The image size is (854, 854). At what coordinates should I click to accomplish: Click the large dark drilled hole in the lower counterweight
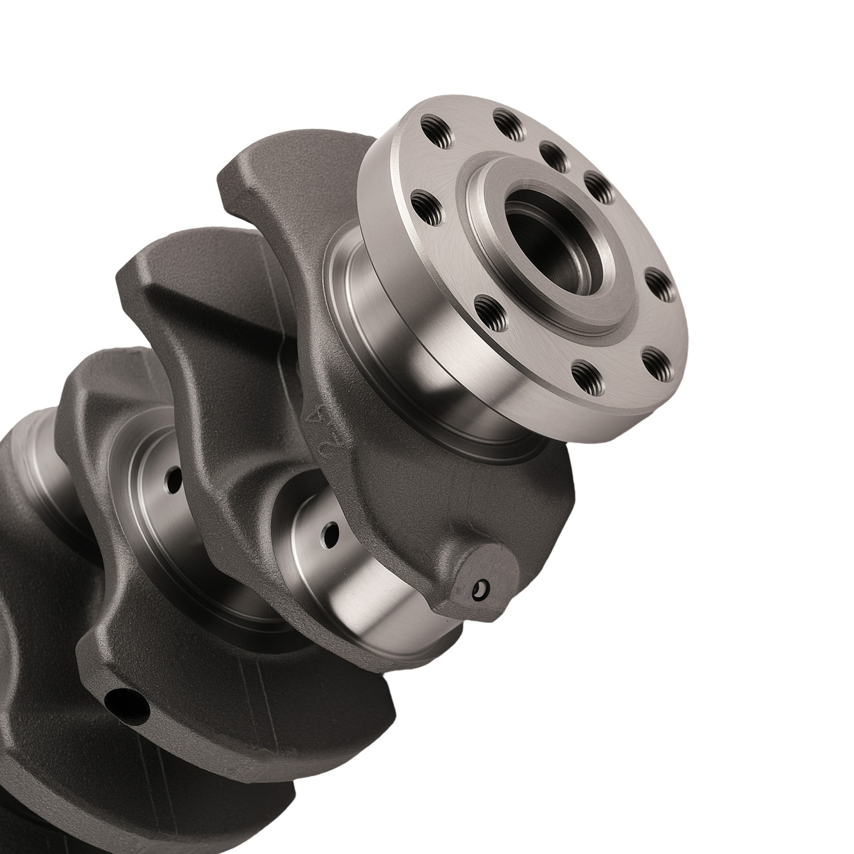click(127, 705)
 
